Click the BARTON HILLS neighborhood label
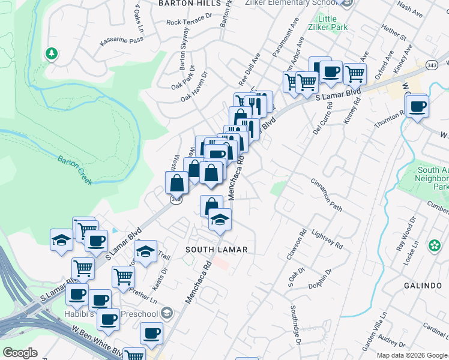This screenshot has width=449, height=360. [x=181, y=3]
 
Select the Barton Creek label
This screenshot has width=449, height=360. [x=75, y=170]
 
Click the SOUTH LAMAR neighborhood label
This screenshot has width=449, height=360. [x=217, y=249]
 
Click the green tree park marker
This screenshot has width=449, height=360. [x=52, y=54]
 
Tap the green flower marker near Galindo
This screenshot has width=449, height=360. [x=433, y=246]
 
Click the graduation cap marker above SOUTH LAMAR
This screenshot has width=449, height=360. [x=220, y=220]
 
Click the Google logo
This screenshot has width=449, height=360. [x=20, y=353]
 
